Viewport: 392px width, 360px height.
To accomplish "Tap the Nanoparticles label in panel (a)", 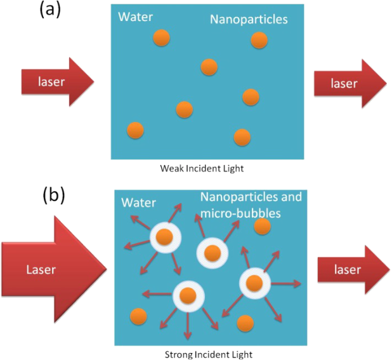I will click(x=249, y=20).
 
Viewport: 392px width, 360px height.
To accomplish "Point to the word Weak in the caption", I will click(x=171, y=168).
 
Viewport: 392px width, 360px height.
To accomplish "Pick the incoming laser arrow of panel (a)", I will click(x=57, y=82).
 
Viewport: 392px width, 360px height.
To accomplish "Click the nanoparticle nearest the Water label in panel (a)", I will click(x=161, y=38).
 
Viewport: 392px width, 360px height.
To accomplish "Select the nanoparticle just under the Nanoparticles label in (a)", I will click(x=258, y=40).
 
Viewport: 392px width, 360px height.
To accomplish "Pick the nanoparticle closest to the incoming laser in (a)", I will click(x=135, y=130).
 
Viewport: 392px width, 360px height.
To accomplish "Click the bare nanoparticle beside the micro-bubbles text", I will click(x=261, y=227).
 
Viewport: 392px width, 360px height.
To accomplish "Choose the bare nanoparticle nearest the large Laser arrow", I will click(x=136, y=316).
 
